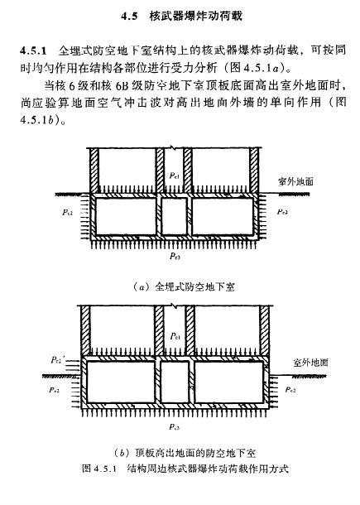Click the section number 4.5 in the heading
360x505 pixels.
click(129, 17)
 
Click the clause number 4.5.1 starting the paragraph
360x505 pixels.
click(33, 50)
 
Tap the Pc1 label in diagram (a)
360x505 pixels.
click(174, 176)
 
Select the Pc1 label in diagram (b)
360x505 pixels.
click(175, 337)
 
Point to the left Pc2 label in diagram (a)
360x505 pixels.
click(67, 212)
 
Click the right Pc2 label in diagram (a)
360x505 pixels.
click(282, 212)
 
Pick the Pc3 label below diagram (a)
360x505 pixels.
click(175, 256)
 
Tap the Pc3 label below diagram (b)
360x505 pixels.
click(174, 426)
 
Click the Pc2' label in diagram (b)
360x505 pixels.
click(58, 360)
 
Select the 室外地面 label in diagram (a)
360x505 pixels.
click(295, 181)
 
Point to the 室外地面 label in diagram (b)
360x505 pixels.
click(310, 363)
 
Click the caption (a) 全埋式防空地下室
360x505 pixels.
click(184, 286)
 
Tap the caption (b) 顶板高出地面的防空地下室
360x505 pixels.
click(185, 453)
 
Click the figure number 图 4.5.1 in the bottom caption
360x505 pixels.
click(98, 468)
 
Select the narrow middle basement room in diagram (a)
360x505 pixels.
click(174, 216)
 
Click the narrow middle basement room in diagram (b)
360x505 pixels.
click(175, 382)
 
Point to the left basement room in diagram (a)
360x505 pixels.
click(127, 216)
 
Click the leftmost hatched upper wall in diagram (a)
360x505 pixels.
click(94, 171)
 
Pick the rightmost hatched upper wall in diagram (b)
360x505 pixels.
click(264, 330)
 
